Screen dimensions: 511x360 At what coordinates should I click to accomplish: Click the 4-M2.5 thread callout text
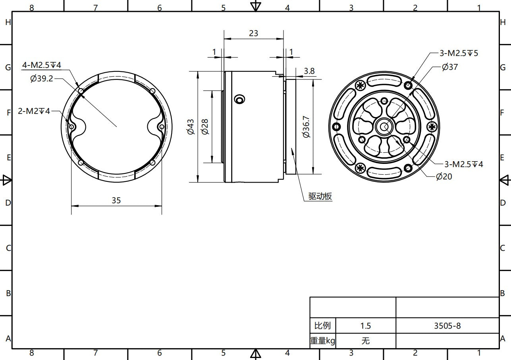42,65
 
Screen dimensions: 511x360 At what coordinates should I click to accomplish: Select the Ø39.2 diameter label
42,79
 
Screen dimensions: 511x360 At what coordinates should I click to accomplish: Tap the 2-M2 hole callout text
34,111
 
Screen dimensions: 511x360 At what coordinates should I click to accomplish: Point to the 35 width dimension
116,200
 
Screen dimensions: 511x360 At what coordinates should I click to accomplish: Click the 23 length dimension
253,33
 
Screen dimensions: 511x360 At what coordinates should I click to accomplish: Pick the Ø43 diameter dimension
191,127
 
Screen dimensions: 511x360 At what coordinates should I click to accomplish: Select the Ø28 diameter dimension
205,127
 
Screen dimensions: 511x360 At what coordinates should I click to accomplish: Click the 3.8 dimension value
309,71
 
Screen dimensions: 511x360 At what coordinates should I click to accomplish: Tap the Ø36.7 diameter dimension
306,127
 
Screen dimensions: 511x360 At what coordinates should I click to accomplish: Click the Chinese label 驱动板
320,196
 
